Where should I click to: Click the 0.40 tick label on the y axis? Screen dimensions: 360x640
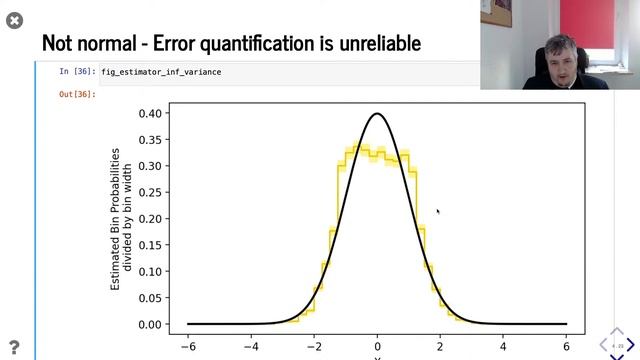click(151, 113)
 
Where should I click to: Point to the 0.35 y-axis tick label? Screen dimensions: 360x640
click(151, 140)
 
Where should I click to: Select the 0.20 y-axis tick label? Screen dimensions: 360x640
click(151, 219)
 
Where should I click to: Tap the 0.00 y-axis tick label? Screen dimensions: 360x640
click(151, 324)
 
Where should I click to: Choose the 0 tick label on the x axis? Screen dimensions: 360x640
click(377, 347)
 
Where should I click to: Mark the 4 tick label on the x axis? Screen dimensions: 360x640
click(503, 347)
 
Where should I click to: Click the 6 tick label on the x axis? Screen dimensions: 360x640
click(566, 347)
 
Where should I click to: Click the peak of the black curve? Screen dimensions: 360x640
click(377, 113)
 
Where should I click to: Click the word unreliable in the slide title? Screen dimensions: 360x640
click(372, 43)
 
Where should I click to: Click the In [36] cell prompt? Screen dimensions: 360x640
click(76, 72)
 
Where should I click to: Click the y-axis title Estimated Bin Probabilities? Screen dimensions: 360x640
click(116, 219)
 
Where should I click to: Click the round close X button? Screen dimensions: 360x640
click(14, 19)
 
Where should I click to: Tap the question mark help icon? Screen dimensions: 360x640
click(14, 346)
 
